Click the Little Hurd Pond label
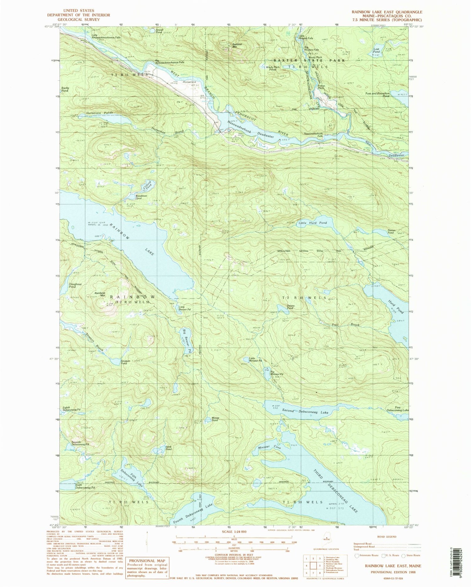pos(312,223)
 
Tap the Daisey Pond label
pos(290,307)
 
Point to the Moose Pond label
pos(215,419)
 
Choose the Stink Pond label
pos(169,448)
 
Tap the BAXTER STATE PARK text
pos(309,60)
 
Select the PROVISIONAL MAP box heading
pos(142,561)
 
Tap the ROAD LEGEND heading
pos(387,537)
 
